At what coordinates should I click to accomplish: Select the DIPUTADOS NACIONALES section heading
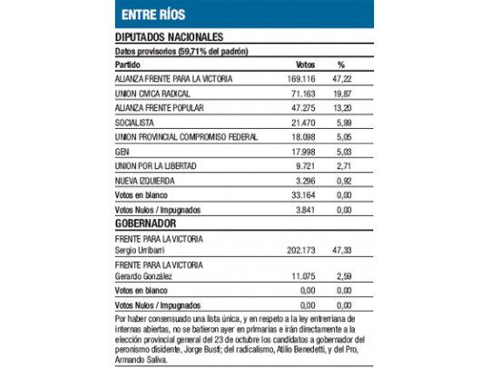(169, 36)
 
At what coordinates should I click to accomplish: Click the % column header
(341, 65)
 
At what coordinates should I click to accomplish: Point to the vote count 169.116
(309, 79)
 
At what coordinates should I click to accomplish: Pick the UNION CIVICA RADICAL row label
(153, 94)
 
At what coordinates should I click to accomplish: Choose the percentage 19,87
(342, 94)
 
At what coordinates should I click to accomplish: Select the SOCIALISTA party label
(133, 123)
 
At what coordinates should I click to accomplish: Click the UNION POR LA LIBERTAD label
(152, 166)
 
